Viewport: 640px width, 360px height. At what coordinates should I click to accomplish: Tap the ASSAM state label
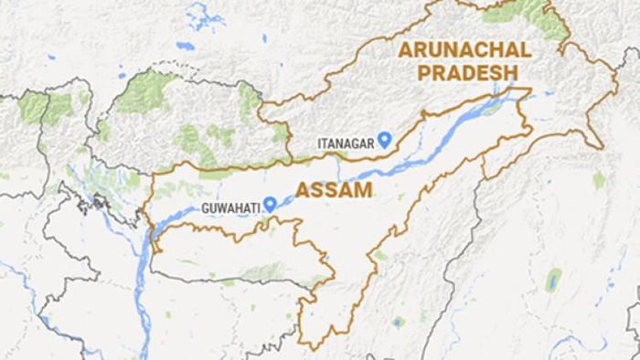(x=334, y=191)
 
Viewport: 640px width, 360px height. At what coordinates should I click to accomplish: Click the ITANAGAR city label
(x=345, y=143)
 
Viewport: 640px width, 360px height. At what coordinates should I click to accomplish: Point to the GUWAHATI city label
(x=229, y=208)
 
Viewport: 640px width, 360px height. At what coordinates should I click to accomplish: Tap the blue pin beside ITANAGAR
(x=386, y=139)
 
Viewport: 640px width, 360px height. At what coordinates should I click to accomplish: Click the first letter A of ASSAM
(x=303, y=191)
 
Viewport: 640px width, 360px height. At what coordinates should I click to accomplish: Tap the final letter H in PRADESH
(x=511, y=72)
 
